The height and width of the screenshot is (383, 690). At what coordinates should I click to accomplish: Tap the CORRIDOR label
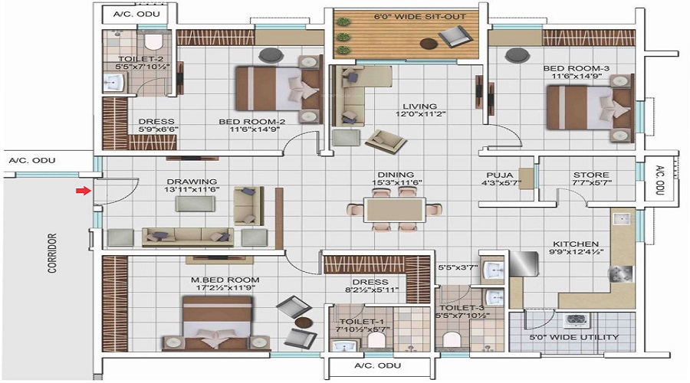pyautogui.click(x=52, y=254)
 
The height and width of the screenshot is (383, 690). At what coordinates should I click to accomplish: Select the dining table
pyautogui.click(x=395, y=209)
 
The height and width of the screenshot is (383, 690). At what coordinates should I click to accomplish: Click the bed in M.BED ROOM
pyautogui.click(x=216, y=322)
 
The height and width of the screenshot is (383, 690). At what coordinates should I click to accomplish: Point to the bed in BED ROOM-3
pyautogui.click(x=590, y=108)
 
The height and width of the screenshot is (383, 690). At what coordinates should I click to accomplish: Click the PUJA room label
pyautogui.click(x=499, y=175)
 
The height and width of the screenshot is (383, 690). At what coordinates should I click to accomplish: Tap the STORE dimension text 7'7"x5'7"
pyautogui.click(x=591, y=182)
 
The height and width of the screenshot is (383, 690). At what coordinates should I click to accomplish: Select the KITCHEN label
pyautogui.click(x=576, y=244)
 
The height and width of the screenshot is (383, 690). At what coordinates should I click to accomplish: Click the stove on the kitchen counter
pyautogui.click(x=621, y=273)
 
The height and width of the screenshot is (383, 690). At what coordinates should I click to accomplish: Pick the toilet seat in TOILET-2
pyautogui.click(x=153, y=41)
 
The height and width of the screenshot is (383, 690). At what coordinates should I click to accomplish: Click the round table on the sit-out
pyautogui.click(x=428, y=43)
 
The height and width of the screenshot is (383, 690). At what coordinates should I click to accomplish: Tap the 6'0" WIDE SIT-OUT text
pyautogui.click(x=420, y=17)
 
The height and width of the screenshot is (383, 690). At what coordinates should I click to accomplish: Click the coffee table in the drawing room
pyautogui.click(x=195, y=204)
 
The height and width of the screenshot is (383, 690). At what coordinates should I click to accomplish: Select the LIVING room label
pyautogui.click(x=420, y=106)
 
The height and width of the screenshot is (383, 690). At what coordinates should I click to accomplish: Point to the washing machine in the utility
pyautogui.click(x=575, y=320)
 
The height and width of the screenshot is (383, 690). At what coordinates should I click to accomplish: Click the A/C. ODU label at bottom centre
pyautogui.click(x=377, y=365)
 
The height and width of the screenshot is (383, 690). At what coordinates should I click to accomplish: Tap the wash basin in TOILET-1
pyautogui.click(x=345, y=345)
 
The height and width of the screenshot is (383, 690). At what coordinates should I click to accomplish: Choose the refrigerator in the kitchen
pyautogui.click(x=524, y=264)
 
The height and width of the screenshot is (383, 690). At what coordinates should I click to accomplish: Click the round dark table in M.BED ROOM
pyautogui.click(x=303, y=322)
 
